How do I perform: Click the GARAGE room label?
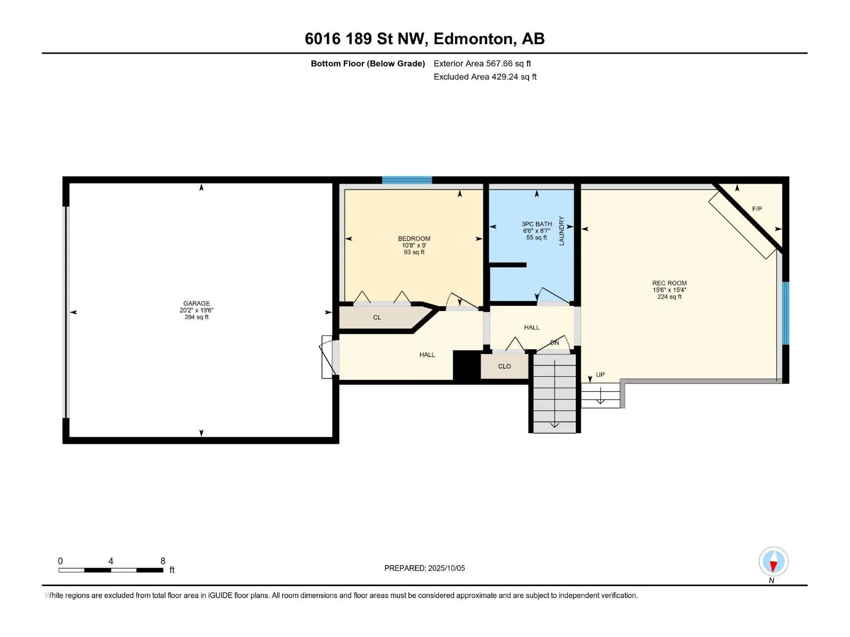coord(197,304)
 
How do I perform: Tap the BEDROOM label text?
coord(414,239)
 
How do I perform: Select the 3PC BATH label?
coord(537,224)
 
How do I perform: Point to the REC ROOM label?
coord(669,283)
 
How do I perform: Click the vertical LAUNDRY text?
coord(562,230)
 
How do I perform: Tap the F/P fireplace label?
coord(757,209)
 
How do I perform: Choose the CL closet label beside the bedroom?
coord(377,317)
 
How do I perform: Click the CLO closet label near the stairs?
coord(504,366)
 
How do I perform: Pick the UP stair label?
coord(600,375)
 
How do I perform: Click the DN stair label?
coord(555,343)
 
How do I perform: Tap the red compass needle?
coord(773,566)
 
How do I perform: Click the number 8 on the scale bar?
coord(163,561)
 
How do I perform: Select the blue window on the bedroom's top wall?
coord(406,180)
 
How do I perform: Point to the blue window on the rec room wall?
coord(786,313)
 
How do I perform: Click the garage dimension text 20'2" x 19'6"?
coord(197,310)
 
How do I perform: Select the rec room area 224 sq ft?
coord(669,297)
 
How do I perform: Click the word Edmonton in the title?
coord(474,39)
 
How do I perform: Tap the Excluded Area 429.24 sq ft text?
coord(485,76)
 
